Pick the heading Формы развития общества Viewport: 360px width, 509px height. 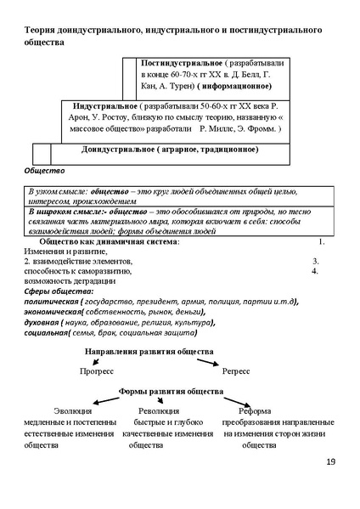pyautogui.click(x=172, y=391)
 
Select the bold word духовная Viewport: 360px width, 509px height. pyautogui.click(x=42, y=323)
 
